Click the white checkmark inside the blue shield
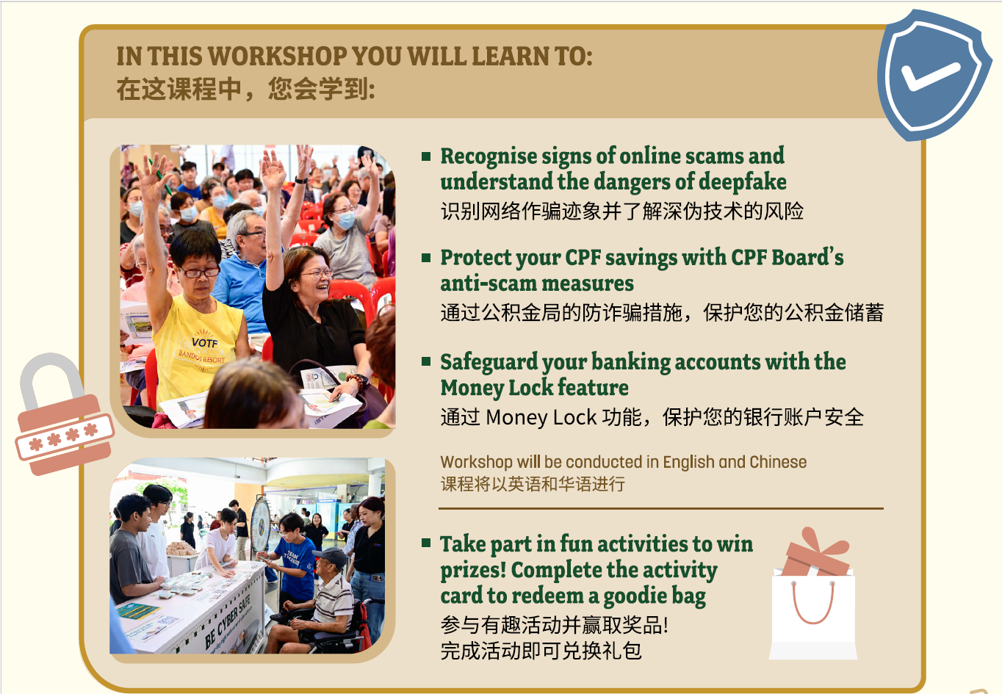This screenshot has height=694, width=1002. pos(930,75)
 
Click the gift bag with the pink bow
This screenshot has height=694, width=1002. pos(813,599)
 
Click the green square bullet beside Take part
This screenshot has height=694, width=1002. pos(426,543)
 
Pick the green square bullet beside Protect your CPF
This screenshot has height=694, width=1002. pos(426,258)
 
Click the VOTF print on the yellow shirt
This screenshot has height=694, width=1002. pos(204,343)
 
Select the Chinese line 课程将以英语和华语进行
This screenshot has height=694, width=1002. pos(533,484)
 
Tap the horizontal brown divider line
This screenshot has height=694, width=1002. pos(660,508)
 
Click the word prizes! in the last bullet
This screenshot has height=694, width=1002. pos(472,570)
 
